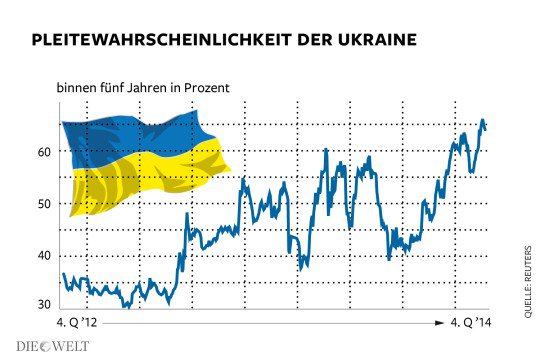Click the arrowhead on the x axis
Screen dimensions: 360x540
coord(441,323)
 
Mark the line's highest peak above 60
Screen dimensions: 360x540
coord(482,121)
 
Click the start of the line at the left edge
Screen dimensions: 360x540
coord(62,274)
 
